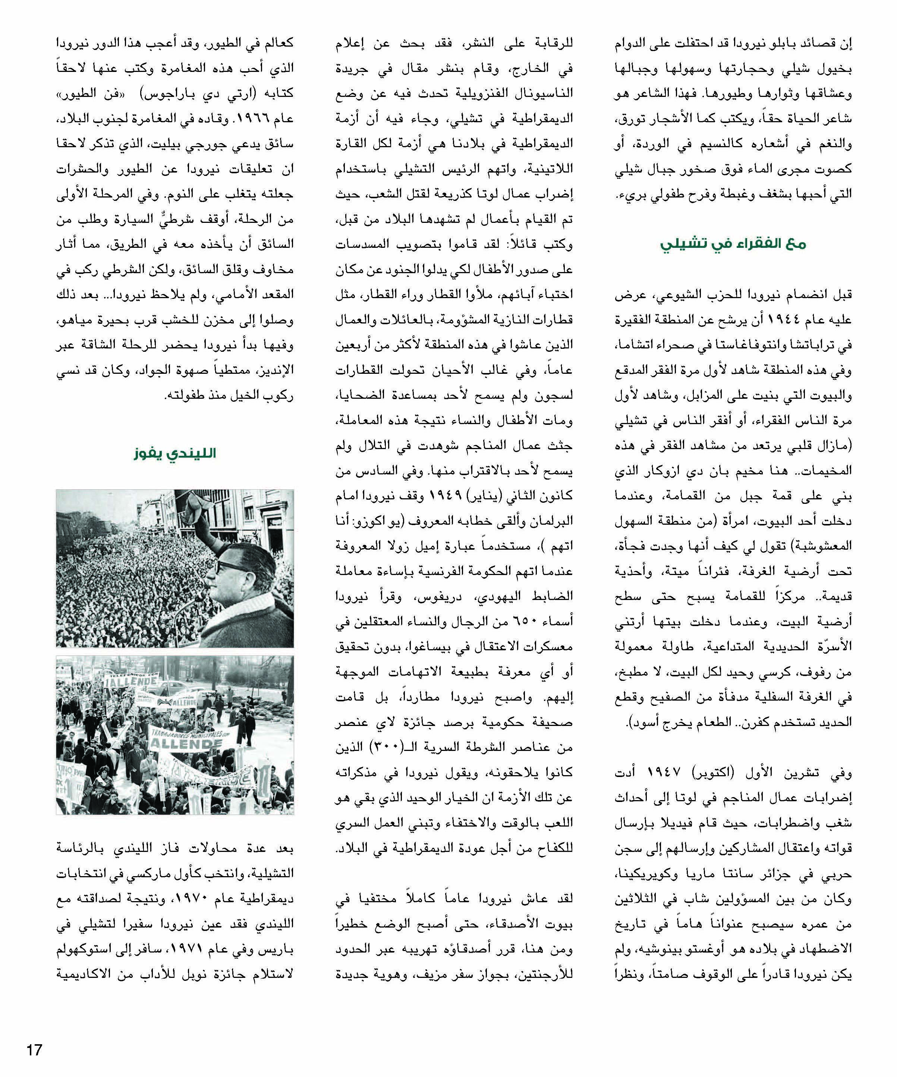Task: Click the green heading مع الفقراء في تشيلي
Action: pyautogui.click(x=733, y=244)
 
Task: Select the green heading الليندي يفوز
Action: pyautogui.click(x=175, y=453)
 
